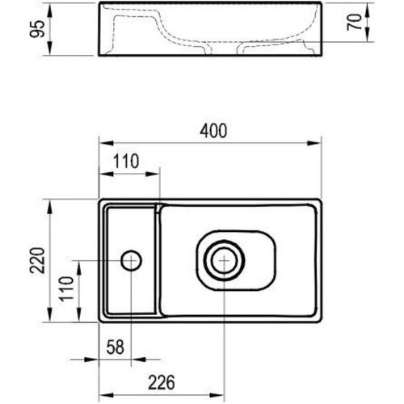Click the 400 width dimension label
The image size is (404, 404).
(213, 131)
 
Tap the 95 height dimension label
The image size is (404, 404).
(37, 29)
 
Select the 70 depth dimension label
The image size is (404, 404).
(354, 22)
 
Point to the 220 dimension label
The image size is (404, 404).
(37, 260)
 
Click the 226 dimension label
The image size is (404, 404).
(162, 382)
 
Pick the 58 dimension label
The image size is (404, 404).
(116, 347)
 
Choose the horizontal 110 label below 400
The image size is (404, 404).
(126, 161)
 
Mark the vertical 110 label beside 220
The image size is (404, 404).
(66, 288)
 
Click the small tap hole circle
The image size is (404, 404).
(131, 260)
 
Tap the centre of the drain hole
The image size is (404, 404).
(224, 260)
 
